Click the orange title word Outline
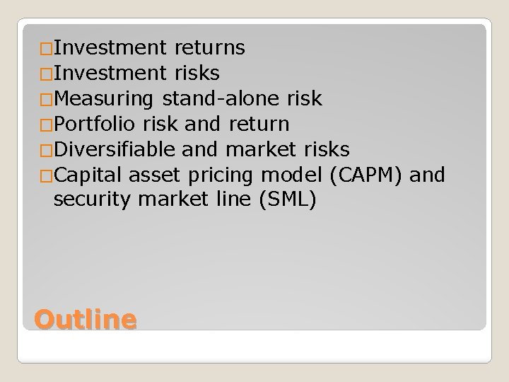pyautogui.click(x=85, y=320)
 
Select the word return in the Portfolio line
pyautogui.click(x=259, y=124)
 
